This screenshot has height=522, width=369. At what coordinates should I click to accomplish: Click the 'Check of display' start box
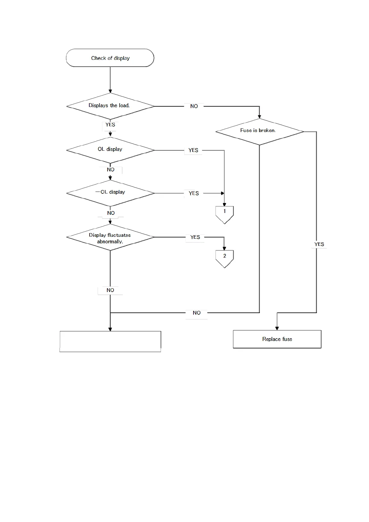coord(110,58)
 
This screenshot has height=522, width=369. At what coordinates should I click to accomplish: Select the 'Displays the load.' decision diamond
coord(110,106)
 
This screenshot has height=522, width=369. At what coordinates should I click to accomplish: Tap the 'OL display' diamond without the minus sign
coord(110,150)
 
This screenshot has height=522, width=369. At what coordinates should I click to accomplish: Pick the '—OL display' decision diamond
coord(110,193)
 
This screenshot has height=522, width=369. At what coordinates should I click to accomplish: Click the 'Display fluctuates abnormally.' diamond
coord(110,237)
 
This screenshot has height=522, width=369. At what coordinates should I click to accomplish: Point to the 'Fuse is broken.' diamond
coord(259,131)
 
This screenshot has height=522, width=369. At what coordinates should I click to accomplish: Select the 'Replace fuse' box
coord(277,339)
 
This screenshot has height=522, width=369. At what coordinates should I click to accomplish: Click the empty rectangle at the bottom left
coord(110,341)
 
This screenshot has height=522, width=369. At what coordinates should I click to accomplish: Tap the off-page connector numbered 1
coord(225,214)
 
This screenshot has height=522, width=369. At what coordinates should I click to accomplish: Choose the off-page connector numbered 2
coord(225,258)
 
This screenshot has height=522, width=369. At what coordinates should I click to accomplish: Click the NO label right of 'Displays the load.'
coord(194,106)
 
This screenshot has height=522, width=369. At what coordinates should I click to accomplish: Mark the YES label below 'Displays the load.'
coord(110,125)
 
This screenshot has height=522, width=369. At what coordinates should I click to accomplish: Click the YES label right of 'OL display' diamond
coord(193,150)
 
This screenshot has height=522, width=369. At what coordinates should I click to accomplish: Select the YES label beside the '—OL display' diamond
coord(194,193)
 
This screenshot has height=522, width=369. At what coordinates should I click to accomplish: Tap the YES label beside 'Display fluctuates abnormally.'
coord(195,237)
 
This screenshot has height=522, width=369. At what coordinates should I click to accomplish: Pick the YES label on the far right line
coord(319,244)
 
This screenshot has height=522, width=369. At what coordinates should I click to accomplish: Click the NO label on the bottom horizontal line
coord(197,313)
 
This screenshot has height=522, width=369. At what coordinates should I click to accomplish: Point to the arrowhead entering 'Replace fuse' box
coord(277,328)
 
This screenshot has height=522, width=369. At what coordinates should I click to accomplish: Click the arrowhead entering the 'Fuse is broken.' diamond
coord(259,117)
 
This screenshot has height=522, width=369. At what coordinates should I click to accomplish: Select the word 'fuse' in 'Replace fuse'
coord(287,339)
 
